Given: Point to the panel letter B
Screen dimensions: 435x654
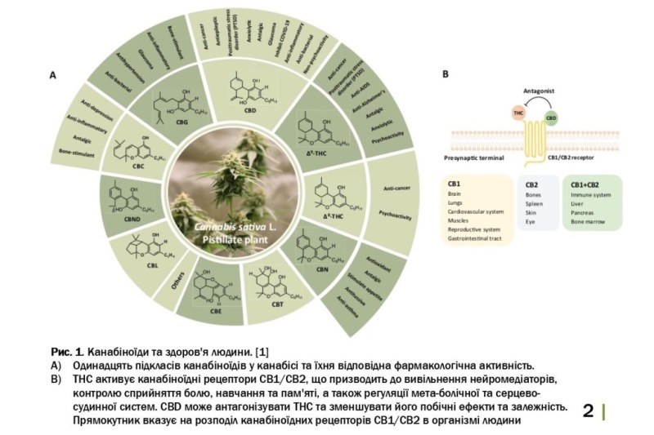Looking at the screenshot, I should pos(445,73).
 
